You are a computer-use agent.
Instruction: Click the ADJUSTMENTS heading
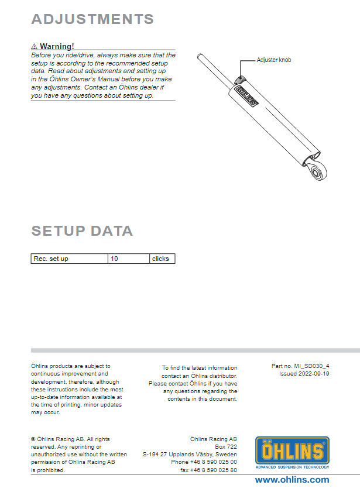pos(92,19)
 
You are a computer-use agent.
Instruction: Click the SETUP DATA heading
pos(82,230)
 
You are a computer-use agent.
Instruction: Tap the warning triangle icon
pos(34,46)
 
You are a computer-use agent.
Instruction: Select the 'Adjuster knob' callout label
pos(274,60)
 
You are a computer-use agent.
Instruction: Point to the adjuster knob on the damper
pos(239,80)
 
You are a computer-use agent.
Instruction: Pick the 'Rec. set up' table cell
pos(69,259)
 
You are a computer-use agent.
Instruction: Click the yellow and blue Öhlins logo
pos(292,450)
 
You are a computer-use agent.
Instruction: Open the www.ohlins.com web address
pos(292,480)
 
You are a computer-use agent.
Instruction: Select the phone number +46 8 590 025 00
pos(204,462)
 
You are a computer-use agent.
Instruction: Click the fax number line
pos(208,470)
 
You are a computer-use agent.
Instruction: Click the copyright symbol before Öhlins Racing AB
pos(33,439)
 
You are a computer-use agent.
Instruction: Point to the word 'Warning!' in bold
pos(57,46)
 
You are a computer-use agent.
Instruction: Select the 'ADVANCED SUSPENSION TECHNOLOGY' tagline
pos(292,467)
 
